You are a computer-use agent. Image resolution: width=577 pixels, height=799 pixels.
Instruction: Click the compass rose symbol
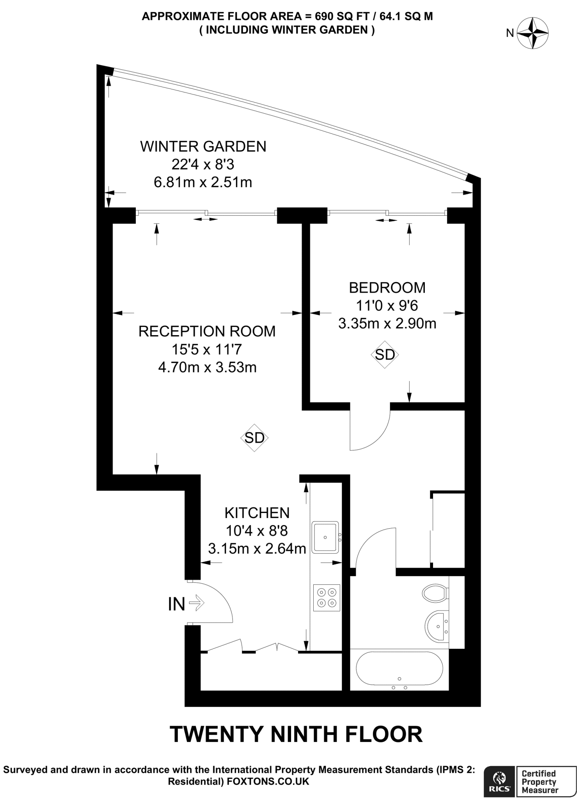[533, 33]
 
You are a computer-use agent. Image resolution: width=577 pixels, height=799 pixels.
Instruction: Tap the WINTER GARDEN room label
[203, 147]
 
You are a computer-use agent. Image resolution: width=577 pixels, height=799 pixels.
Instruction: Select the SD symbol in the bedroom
[385, 355]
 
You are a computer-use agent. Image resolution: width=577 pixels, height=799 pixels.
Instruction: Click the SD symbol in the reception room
[254, 438]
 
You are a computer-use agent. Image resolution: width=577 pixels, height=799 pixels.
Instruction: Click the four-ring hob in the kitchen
[327, 597]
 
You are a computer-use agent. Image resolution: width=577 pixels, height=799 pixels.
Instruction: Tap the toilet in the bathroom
[435, 593]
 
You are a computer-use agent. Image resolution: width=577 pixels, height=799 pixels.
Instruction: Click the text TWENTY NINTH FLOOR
[296, 734]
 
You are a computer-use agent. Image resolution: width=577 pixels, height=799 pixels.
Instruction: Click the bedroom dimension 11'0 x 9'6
[387, 305]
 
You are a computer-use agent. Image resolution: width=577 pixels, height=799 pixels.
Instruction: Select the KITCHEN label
[257, 513]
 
